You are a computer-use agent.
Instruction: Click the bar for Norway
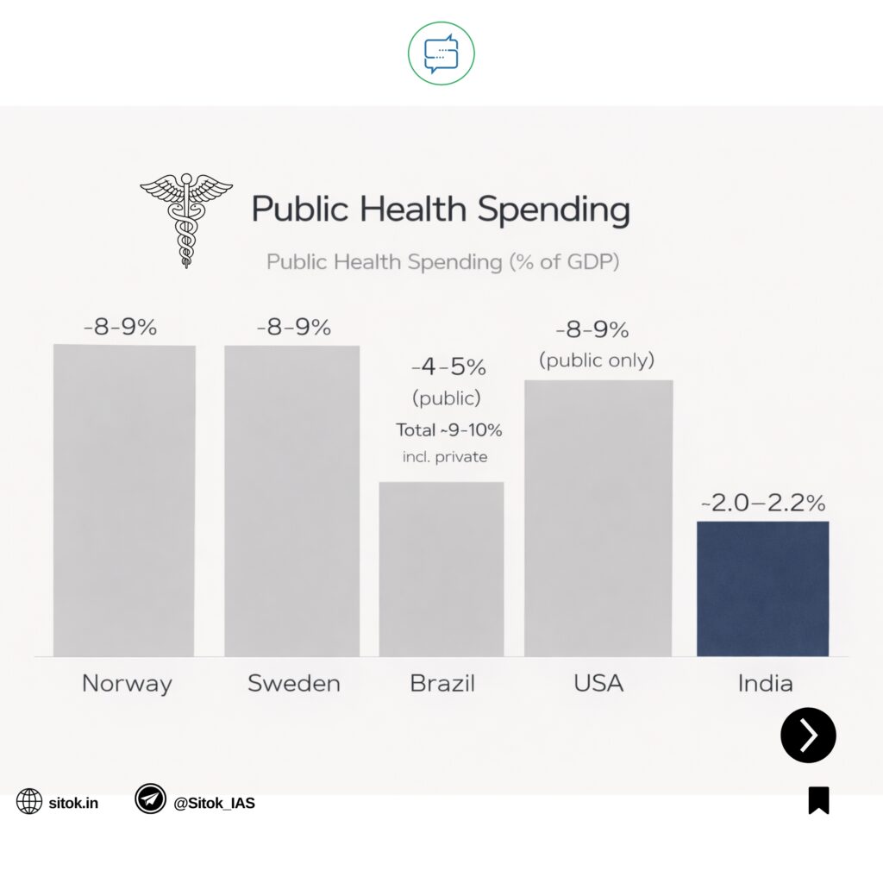pos(124,500)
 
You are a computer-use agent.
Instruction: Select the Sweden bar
pos(291,500)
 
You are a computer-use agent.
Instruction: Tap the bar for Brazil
pos(441,569)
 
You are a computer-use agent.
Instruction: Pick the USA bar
pos(598,517)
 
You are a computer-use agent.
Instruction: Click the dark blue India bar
pos(762,588)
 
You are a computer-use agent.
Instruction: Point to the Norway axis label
pos(127,684)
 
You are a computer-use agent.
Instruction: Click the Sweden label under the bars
pos(293,684)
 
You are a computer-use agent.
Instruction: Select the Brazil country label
pos(441,684)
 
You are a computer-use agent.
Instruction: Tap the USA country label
pos(598,684)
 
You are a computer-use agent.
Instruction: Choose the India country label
pos(765,684)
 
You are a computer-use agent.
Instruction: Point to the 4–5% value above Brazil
pos(448,367)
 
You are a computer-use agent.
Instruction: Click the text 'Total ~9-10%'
pos(448,429)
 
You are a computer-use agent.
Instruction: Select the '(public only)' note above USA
pos(597,360)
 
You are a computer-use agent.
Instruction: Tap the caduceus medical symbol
pos(185,219)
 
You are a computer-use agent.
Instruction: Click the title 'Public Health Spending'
pos(440,210)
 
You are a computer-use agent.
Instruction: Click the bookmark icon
pos(818,800)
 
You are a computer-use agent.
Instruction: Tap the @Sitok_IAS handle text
pos(214,803)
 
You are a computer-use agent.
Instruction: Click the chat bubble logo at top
pos(441,53)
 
